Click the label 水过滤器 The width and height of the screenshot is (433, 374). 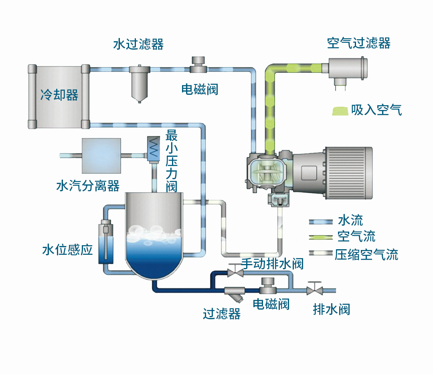coord(138,44)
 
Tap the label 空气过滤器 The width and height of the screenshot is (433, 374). coord(358,43)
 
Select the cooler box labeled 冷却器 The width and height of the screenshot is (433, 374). coord(59,96)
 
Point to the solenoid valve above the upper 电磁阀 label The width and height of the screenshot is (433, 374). coord(198,65)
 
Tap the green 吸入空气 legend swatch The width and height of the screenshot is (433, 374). coord(340,111)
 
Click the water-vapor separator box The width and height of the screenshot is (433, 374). coord(101,155)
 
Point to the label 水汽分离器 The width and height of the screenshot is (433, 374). coord(88,186)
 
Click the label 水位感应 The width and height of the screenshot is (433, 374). coord(67,250)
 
